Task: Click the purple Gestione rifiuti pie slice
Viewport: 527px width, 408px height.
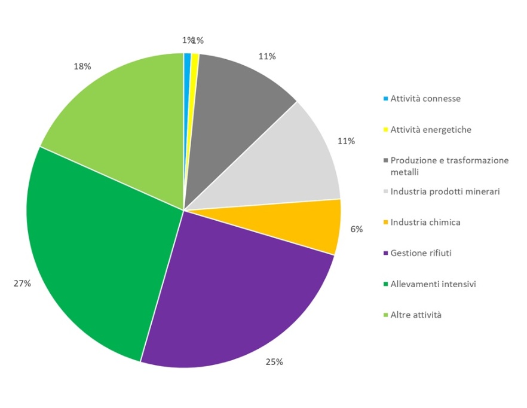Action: pyautogui.click(x=239, y=287)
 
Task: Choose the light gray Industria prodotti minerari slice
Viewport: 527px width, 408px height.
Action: pyautogui.click(x=287, y=162)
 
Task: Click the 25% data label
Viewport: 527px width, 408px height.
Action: pyautogui.click(x=275, y=362)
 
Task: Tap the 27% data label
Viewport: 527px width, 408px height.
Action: pyautogui.click(x=22, y=283)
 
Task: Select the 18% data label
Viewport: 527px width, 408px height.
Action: pyautogui.click(x=82, y=66)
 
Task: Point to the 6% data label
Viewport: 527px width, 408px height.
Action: pyautogui.click(x=357, y=229)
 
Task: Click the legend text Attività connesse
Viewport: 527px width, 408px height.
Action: pyautogui.click(x=425, y=98)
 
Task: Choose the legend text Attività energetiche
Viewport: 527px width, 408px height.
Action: pyautogui.click(x=430, y=129)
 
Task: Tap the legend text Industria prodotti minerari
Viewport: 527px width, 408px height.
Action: pyautogui.click(x=445, y=191)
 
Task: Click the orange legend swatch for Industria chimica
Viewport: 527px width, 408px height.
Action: pyautogui.click(x=386, y=223)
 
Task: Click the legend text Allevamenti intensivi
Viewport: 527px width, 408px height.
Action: pyautogui.click(x=433, y=284)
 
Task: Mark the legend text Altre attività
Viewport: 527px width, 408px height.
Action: pyautogui.click(x=416, y=315)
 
